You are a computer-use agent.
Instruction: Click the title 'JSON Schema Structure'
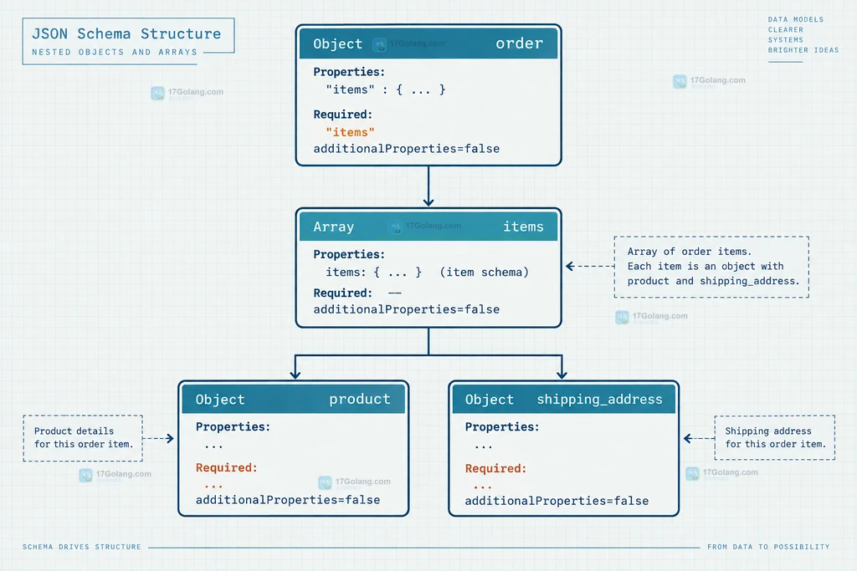coord(126,33)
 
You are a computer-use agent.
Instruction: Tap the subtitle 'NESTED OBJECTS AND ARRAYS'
coord(114,53)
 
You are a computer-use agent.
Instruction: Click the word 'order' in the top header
coord(519,43)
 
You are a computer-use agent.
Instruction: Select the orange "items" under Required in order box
coord(350,132)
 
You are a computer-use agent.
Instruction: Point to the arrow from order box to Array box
coord(428,186)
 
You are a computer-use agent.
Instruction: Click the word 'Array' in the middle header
coord(333,227)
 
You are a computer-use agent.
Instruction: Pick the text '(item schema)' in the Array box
coord(485,272)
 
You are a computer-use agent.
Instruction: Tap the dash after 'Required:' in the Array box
coord(395,293)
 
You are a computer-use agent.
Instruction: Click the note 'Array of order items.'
coord(690,252)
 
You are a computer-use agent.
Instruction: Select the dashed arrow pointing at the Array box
coord(590,267)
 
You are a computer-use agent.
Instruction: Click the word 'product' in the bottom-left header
coord(360,399)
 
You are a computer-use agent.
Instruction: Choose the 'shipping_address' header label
coord(599,400)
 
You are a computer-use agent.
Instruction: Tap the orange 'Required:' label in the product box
coord(226,468)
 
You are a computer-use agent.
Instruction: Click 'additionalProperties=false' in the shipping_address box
coord(557,501)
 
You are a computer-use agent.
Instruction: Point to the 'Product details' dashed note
coord(83,438)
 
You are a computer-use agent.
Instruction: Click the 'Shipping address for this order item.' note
coord(774,437)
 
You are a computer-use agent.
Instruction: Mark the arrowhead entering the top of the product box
coord(295,375)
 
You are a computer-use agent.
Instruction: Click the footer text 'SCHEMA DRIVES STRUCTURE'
coord(81,547)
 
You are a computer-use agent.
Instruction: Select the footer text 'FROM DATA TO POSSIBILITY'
coord(768,547)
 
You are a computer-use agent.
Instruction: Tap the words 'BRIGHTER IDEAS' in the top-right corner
coord(803,50)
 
